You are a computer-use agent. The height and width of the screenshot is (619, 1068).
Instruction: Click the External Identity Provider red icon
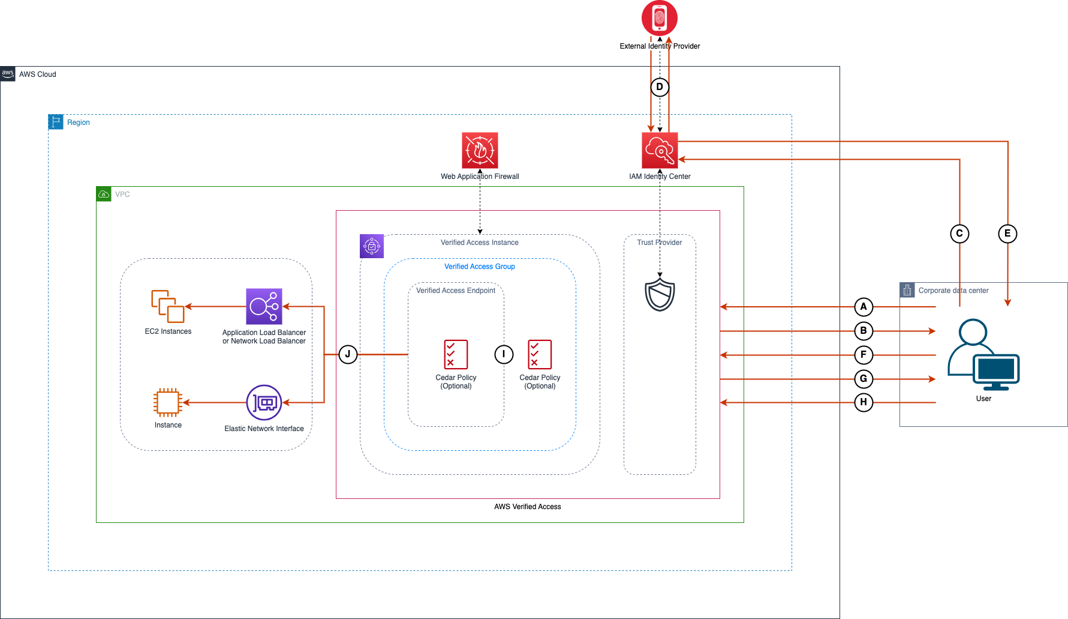[x=660, y=18]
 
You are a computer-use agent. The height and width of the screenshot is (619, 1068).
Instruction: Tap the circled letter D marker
[x=660, y=87]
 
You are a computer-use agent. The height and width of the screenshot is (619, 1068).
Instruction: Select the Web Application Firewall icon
[x=480, y=150]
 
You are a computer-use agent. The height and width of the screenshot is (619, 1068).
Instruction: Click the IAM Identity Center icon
[x=660, y=150]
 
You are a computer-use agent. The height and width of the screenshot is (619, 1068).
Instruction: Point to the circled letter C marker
[x=959, y=234]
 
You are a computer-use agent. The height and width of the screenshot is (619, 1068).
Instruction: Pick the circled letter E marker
[x=1007, y=234]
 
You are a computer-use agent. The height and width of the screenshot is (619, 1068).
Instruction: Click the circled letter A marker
[x=864, y=307]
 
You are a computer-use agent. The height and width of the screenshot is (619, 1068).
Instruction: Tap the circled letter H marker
[x=864, y=402]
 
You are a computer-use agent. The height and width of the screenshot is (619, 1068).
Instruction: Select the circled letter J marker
[x=348, y=354]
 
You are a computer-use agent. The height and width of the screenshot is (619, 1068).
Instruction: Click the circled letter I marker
[x=504, y=354]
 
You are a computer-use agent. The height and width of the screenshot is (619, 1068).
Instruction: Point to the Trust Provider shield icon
[x=660, y=294]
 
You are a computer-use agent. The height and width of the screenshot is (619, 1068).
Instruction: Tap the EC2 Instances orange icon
[x=168, y=306]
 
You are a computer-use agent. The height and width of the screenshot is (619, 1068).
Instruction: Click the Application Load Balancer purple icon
[x=264, y=306]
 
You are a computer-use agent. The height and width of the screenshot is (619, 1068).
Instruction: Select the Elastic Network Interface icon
[x=264, y=402]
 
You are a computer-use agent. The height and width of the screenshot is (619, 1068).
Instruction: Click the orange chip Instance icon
[x=168, y=402]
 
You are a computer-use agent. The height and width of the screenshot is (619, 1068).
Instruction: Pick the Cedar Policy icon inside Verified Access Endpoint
[x=456, y=354]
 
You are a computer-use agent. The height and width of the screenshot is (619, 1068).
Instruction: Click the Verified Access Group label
[x=480, y=267]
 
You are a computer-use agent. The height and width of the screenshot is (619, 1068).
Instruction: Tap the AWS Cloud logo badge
[x=8, y=74]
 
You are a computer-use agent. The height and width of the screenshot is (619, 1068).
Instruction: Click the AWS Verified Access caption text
[x=528, y=507]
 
